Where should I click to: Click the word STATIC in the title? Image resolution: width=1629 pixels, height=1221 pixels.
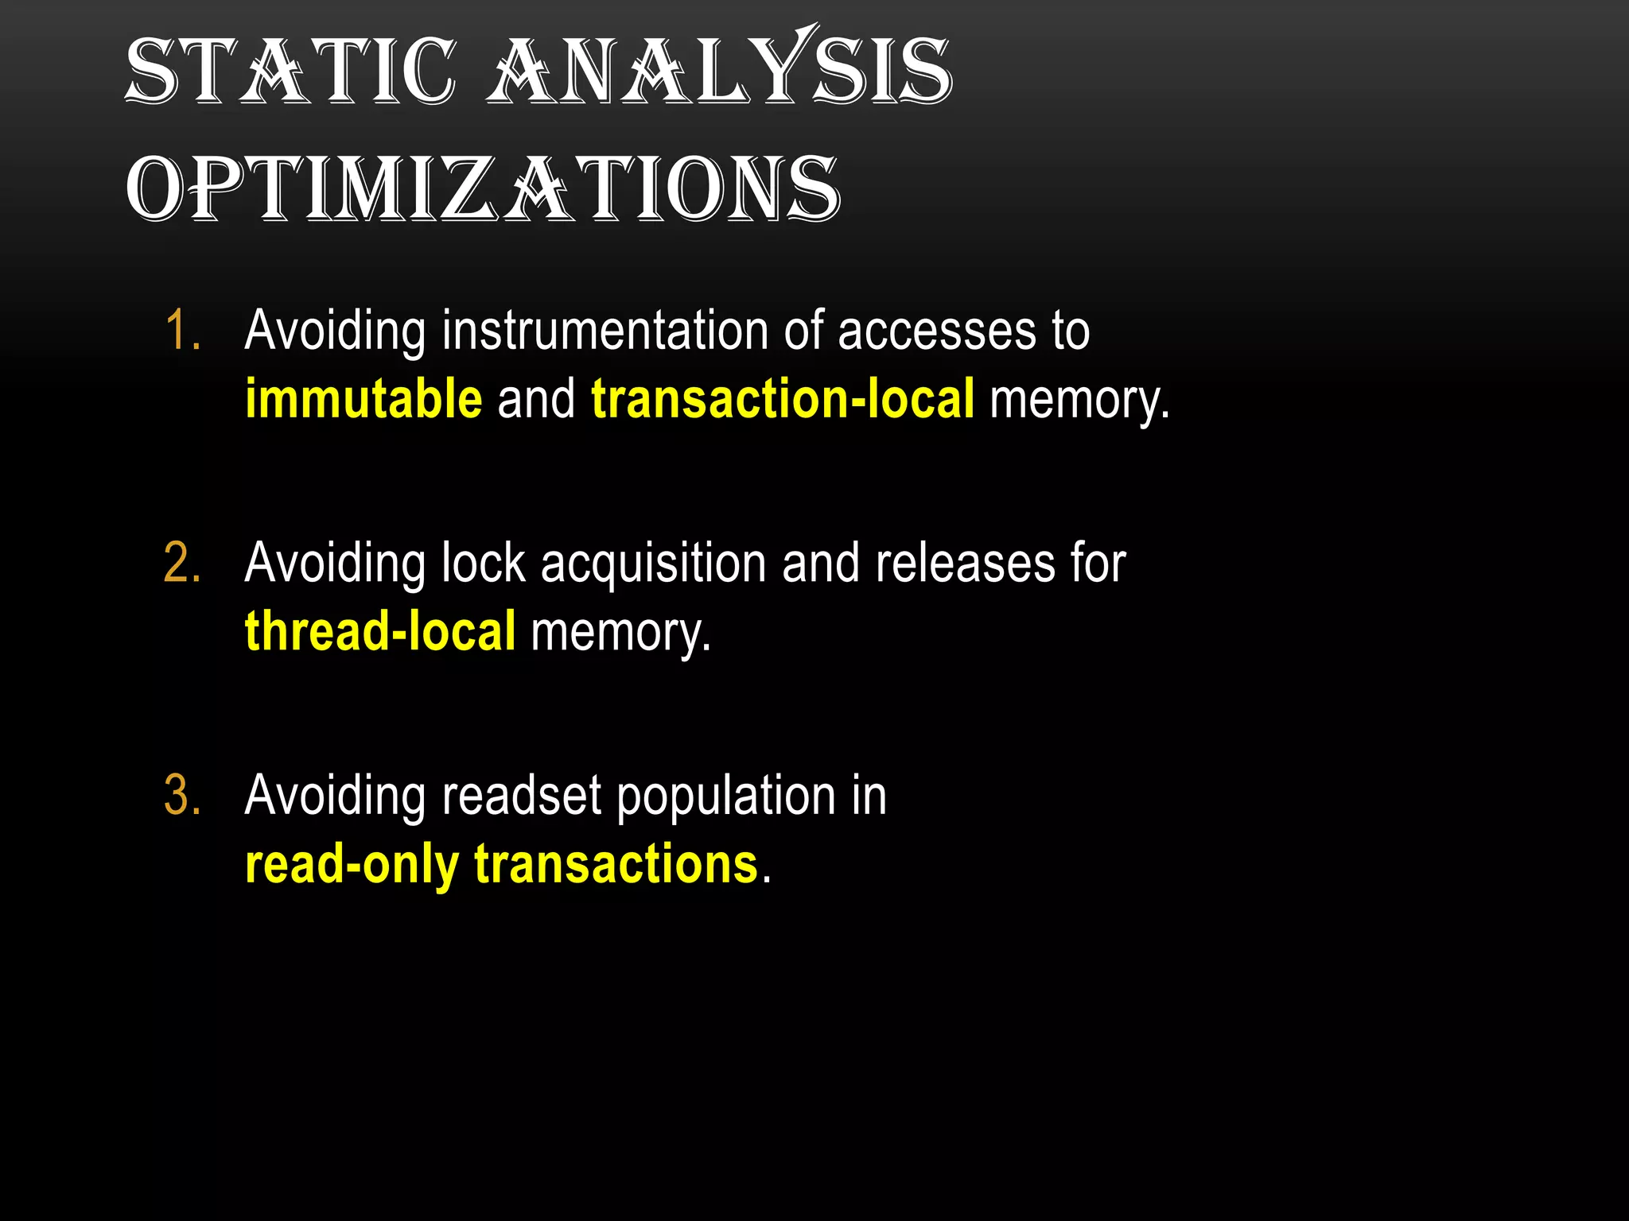click(x=291, y=72)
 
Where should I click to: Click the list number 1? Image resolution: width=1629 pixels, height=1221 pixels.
click(x=182, y=330)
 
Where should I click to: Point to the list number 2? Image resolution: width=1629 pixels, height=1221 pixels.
click(x=182, y=563)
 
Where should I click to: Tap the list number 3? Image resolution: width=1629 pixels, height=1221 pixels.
click(x=182, y=795)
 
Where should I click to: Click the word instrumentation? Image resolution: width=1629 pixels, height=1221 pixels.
click(x=605, y=330)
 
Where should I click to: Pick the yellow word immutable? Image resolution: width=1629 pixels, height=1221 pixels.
click(x=364, y=398)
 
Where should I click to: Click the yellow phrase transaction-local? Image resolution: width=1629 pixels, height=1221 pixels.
click(x=783, y=398)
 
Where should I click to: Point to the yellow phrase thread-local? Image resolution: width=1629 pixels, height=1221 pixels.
click(x=380, y=631)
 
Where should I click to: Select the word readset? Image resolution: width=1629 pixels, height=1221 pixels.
click(x=522, y=795)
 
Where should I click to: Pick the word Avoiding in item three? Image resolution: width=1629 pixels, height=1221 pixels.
click(x=335, y=797)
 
